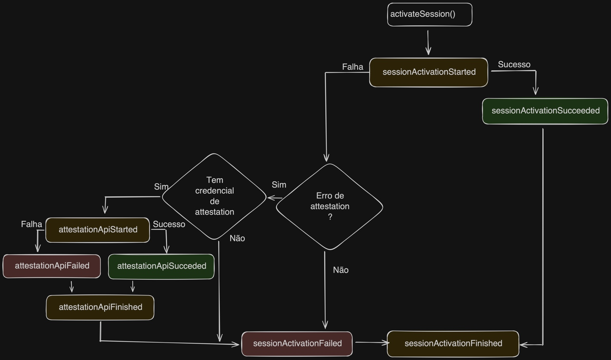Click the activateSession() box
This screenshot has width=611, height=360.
(430, 15)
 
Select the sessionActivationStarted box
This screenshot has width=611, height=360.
(428, 72)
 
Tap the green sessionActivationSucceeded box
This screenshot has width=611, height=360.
(545, 111)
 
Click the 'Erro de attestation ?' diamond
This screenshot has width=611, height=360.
(329, 206)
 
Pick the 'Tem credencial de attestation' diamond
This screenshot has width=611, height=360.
(214, 196)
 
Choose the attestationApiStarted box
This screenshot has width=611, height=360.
(98, 230)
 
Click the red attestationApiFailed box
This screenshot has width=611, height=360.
(52, 266)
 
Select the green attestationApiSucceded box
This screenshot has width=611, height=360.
(161, 267)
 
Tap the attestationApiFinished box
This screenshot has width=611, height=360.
(100, 307)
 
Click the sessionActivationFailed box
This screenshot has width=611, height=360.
(297, 344)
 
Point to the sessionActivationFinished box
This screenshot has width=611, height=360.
(453, 344)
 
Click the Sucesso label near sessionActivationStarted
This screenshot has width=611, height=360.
(514, 64)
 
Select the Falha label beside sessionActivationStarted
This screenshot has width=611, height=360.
(352, 67)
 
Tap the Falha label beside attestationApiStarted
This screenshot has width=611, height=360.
(31, 224)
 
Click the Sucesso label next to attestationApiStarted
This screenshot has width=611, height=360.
(169, 224)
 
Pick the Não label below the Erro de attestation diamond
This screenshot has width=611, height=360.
(341, 270)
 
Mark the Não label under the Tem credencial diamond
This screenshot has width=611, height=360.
(237, 238)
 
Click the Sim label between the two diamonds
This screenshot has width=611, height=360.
(279, 185)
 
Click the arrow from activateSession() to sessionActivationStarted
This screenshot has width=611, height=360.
(428, 42)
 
